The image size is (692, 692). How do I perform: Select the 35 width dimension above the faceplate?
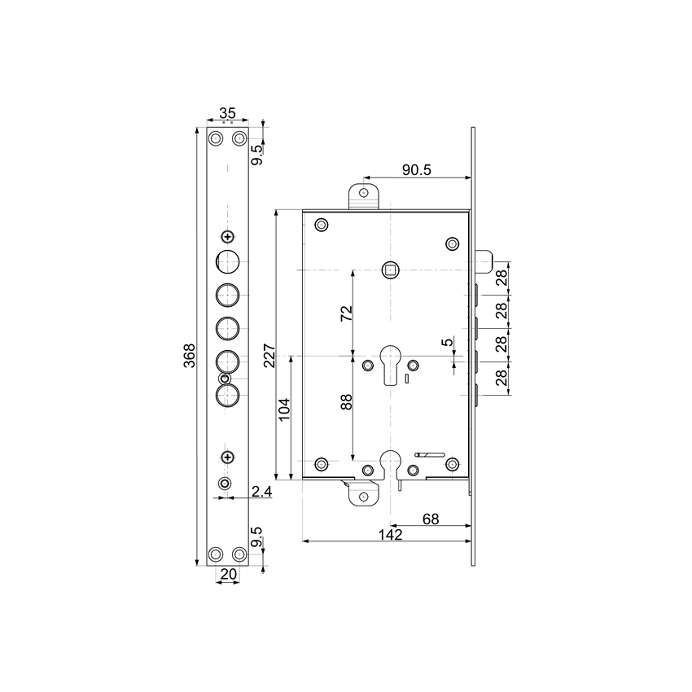[x=227, y=113]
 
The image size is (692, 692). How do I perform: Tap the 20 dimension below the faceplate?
[x=228, y=574]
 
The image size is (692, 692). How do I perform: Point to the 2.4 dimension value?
[x=261, y=491]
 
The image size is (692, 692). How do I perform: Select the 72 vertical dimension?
[x=345, y=313]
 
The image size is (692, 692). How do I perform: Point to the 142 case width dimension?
[x=392, y=534]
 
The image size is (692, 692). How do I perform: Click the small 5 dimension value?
[x=446, y=344]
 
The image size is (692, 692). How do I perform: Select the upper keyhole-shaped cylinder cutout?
[x=392, y=363]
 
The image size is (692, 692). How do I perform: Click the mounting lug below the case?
[x=364, y=493]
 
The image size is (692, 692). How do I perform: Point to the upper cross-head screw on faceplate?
[x=227, y=236]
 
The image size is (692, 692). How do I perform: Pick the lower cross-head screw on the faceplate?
[x=227, y=457]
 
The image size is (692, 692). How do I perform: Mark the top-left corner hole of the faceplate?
[x=216, y=138]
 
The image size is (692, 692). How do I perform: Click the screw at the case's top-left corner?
[x=322, y=225]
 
